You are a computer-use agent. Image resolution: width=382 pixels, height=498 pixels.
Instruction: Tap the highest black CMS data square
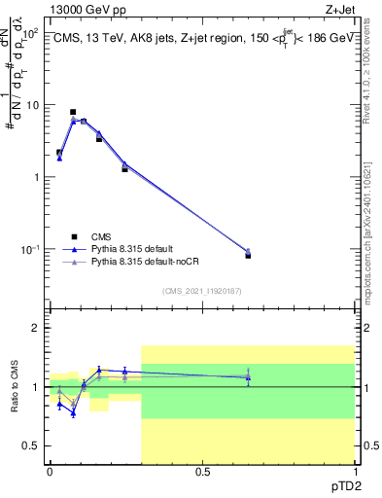click(x=73, y=112)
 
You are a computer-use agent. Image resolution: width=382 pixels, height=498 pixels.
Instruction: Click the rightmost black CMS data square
click(x=248, y=255)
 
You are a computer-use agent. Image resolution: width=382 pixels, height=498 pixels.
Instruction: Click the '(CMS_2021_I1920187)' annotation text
click(x=201, y=290)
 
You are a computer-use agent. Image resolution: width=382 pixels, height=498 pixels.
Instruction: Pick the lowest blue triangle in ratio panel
click(x=73, y=414)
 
